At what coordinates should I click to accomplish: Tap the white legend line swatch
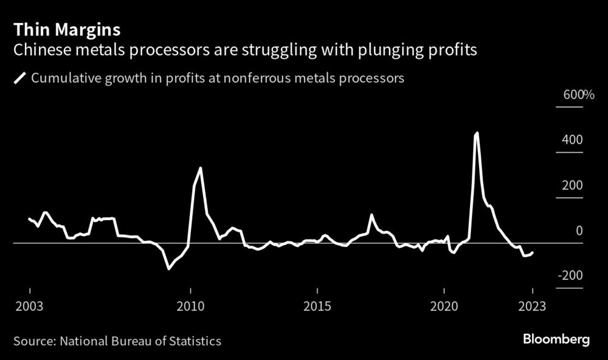pos(20,78)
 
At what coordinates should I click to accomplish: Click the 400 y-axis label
pos(572,140)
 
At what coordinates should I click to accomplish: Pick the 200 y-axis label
pos(572,185)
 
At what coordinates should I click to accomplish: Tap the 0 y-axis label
pos(579,230)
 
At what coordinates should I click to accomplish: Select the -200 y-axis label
pos(570,276)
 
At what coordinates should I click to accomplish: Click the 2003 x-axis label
pos(29,306)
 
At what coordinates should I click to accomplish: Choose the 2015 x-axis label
pos(317,306)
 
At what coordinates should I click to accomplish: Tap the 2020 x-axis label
pos(444,306)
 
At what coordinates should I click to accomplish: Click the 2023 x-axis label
pos(532,306)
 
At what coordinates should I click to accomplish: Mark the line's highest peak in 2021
pos(477,133)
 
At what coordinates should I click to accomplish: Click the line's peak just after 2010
pos(201,168)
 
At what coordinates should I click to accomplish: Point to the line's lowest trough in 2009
pos(168,268)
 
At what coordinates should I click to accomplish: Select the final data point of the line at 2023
pos(533,252)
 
